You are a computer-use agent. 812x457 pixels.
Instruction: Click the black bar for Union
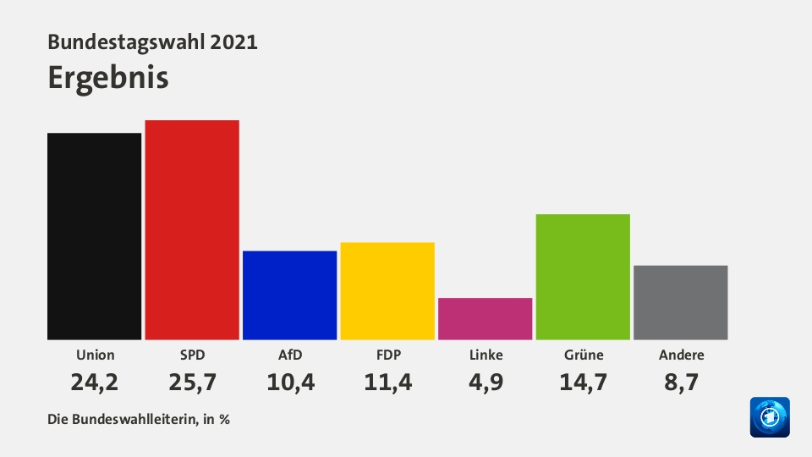tap(94, 236)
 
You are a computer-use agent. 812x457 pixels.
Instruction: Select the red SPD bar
tap(192, 229)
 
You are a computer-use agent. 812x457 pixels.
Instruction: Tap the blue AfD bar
tap(289, 295)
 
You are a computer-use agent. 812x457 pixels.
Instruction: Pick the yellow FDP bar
tap(387, 291)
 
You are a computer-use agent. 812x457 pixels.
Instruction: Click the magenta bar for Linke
tap(485, 319)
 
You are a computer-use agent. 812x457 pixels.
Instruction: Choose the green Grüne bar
tap(583, 277)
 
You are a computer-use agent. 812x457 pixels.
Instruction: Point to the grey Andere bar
tap(680, 303)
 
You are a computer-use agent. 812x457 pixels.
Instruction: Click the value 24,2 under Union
tap(94, 383)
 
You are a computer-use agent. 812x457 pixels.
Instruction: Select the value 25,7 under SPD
tap(192, 383)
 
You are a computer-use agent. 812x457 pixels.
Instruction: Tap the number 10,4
tap(290, 383)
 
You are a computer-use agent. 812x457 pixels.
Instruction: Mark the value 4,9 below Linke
tap(486, 383)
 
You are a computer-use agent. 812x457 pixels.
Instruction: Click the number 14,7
tap(583, 383)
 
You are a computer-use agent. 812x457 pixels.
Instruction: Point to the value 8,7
tap(681, 383)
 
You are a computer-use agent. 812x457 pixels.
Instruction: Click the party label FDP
tap(387, 355)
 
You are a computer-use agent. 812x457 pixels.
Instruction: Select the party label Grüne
tap(583, 355)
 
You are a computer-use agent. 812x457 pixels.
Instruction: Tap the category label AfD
tap(290, 355)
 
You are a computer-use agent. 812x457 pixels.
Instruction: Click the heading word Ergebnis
tap(108, 77)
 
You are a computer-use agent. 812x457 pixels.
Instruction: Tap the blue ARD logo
tap(769, 417)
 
